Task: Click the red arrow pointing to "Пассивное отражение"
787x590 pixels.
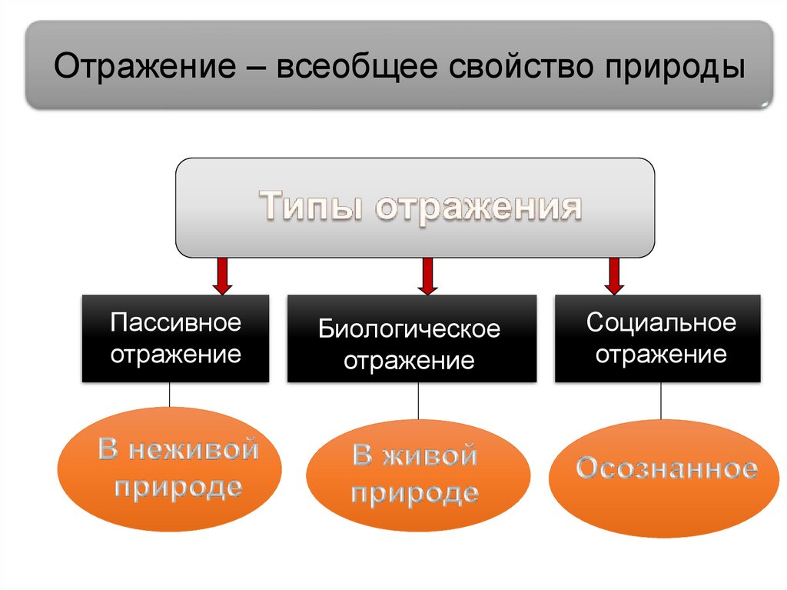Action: [x=222, y=276]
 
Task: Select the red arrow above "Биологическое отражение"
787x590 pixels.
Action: [x=427, y=276]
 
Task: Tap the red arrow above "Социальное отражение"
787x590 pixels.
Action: [x=614, y=276]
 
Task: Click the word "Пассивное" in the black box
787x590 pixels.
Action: [x=175, y=323]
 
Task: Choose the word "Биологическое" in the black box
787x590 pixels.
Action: [x=410, y=330]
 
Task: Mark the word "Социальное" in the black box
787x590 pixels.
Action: [x=661, y=322]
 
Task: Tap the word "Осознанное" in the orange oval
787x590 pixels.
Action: [x=666, y=468]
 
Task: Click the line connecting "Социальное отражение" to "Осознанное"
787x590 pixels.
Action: [x=660, y=401]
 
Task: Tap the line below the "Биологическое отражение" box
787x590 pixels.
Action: [x=418, y=401]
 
